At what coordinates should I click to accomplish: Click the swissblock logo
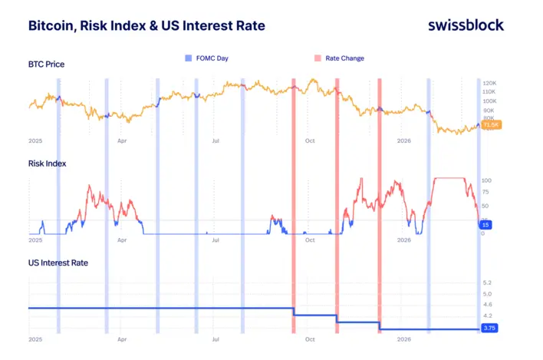coord(466,25)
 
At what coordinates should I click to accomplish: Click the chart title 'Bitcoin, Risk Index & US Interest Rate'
coord(146,25)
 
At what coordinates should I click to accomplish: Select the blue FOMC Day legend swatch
coord(187,58)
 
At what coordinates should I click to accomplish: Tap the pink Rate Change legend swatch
coord(318,58)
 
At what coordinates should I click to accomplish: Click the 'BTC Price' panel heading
coord(46,64)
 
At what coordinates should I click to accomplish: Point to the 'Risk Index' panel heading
coord(48,163)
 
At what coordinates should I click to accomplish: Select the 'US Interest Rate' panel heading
coord(58,263)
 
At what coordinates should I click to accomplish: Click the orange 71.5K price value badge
coord(491,124)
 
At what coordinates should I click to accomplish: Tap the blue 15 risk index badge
coord(485,224)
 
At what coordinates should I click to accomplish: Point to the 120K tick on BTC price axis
coord(490,83)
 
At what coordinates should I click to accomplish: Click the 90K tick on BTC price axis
coord(489,111)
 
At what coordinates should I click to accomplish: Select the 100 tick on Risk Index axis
coord(486,181)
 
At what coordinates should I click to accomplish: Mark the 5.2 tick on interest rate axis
coord(487,283)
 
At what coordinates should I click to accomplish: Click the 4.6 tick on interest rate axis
coord(487,305)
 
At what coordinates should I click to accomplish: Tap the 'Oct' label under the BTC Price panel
coord(309,141)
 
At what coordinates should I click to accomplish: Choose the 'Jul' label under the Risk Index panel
coord(216,240)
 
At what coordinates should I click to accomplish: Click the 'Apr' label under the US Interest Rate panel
coord(122,339)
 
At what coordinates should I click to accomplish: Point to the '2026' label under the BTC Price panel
coord(404,141)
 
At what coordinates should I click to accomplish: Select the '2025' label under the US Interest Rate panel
coord(35,339)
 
